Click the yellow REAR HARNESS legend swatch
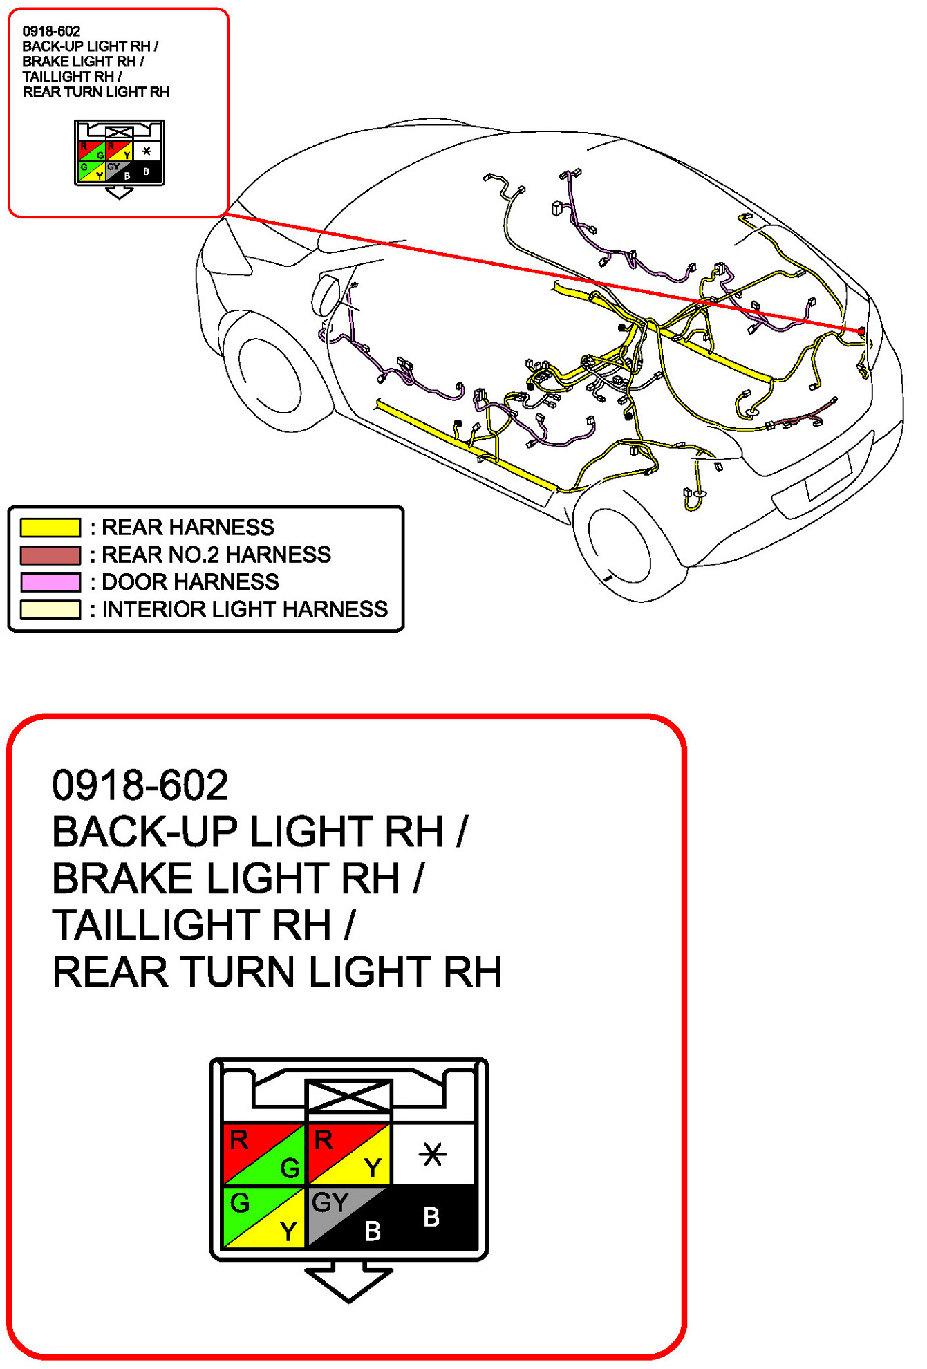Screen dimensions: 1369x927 50,528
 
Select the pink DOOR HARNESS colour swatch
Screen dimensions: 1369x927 50,582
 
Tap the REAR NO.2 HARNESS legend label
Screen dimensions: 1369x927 216,555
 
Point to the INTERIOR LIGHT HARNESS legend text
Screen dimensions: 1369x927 245,609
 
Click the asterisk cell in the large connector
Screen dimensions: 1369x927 433,1154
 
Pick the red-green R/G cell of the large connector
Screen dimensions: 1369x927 264,1154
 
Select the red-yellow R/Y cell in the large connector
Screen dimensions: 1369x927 349,1154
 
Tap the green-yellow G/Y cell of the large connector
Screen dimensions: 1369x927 264,1217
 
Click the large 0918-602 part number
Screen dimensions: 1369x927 140,785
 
